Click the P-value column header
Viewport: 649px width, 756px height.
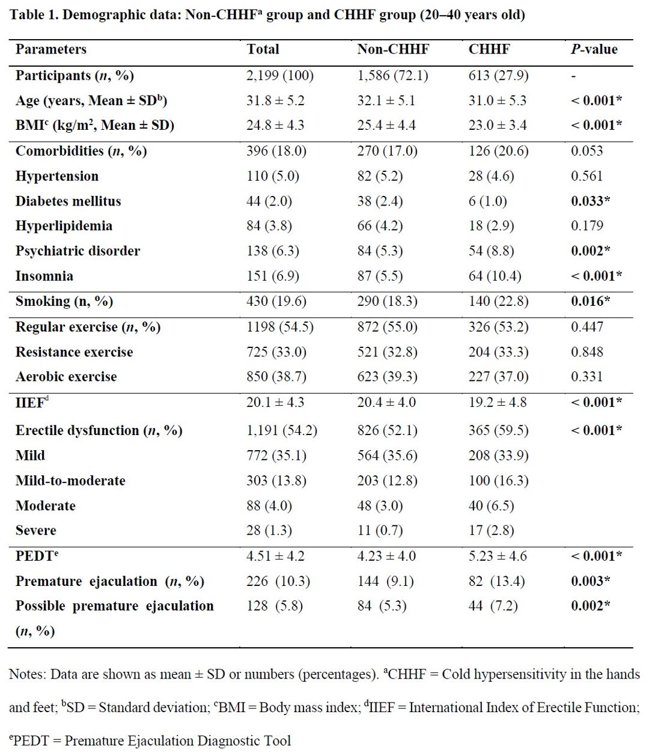click(x=594, y=49)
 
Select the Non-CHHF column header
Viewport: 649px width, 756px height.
click(x=393, y=49)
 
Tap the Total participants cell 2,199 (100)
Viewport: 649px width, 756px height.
click(x=280, y=75)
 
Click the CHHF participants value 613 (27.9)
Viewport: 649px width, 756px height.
click(x=498, y=75)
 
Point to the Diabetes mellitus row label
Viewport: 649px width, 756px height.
click(x=68, y=201)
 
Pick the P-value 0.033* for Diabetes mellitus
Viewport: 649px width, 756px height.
click(x=591, y=201)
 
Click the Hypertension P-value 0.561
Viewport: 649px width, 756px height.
click(x=587, y=176)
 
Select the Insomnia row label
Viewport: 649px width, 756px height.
click(x=44, y=276)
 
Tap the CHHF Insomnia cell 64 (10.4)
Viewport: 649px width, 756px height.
click(x=495, y=276)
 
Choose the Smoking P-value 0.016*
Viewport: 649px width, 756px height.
click(x=591, y=301)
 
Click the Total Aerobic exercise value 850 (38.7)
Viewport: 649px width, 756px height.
click(x=276, y=376)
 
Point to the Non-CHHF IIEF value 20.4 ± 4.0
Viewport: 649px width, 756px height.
click(x=386, y=402)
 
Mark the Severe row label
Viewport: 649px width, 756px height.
click(x=36, y=530)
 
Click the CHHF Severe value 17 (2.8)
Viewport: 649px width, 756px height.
click(x=492, y=530)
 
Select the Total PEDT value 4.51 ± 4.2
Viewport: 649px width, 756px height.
click(x=275, y=556)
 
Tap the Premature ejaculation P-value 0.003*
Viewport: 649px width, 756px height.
click(x=591, y=581)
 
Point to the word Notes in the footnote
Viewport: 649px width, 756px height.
click(x=27, y=674)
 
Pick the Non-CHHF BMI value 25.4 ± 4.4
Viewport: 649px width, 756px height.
click(x=386, y=125)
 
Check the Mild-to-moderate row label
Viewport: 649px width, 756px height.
click(x=70, y=480)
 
